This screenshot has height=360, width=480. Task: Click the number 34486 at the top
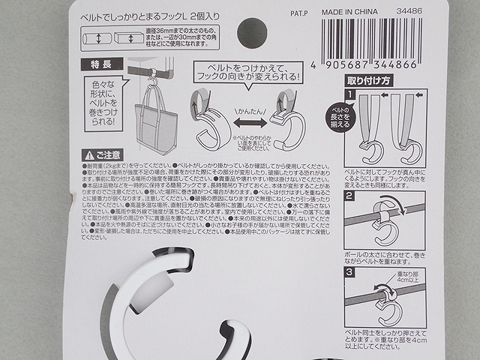[412, 12]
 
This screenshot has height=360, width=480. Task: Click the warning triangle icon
[89, 153]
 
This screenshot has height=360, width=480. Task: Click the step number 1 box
[349, 94]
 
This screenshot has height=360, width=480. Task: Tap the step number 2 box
[349, 196]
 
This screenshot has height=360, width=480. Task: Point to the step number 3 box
[349, 271]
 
